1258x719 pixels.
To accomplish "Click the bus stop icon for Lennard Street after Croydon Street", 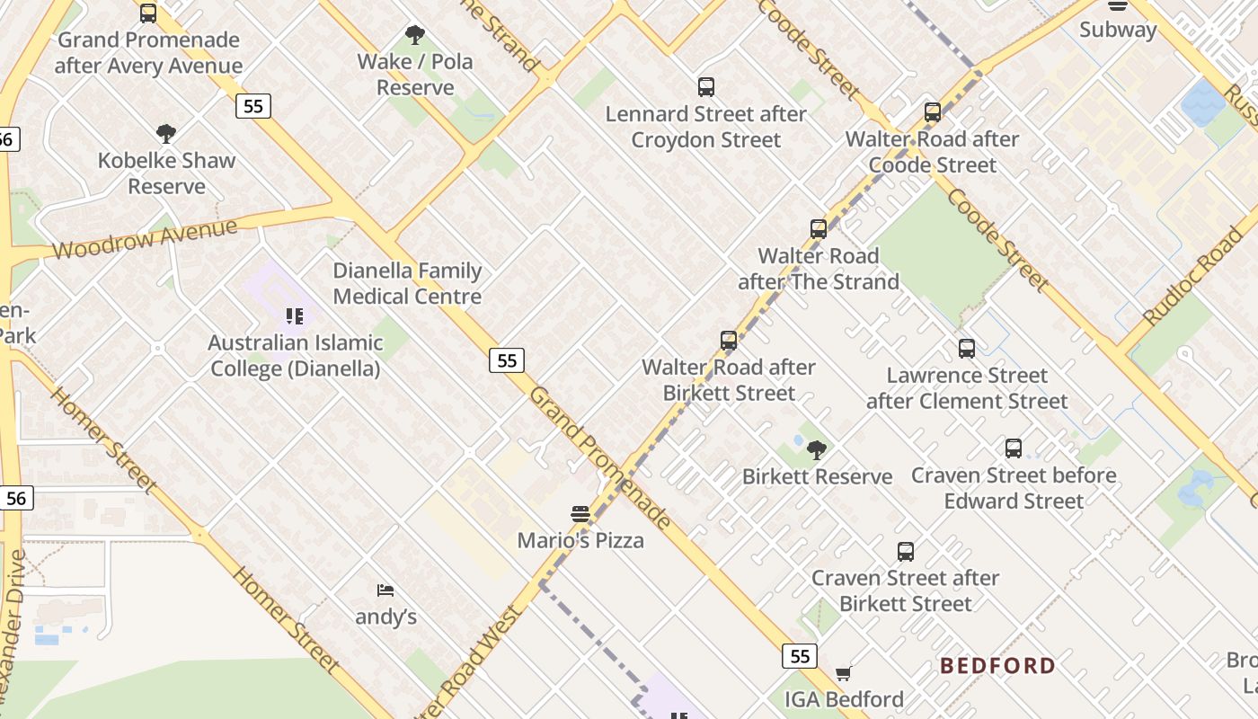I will pos(706,87).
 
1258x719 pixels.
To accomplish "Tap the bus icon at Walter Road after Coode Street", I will pos(933,112).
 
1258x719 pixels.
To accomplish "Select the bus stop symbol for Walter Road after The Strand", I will pos(818,228).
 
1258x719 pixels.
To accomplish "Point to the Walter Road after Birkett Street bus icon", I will pos(729,341).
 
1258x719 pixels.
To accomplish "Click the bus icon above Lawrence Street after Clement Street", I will pos(967,349).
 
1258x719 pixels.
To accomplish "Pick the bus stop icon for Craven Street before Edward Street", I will pos(1014,448).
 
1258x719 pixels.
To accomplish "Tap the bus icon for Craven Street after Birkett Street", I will pos(906,551).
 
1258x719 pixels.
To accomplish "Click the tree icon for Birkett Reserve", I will pos(817,449).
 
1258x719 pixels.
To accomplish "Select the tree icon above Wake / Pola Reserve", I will pos(414,35).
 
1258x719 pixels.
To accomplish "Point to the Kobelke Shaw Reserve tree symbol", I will pos(165,134).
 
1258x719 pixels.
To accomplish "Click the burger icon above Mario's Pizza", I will pos(580,514).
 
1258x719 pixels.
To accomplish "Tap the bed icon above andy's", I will pos(385,590).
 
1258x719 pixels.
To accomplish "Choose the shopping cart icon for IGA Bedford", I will pos(843,673).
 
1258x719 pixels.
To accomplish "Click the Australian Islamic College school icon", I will pos(295,316).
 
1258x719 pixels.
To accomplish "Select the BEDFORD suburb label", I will pos(997,666).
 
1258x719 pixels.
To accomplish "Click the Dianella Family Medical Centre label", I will pos(407,283).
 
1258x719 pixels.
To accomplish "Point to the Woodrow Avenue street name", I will pos(144,238).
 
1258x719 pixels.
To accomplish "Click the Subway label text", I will pos(1118,30).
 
